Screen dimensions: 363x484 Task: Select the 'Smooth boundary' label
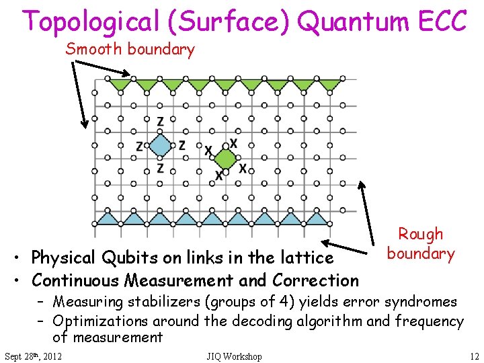click(x=130, y=49)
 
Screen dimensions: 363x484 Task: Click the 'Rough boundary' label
click(x=421, y=243)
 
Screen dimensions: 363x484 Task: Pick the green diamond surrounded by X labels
click(x=225, y=159)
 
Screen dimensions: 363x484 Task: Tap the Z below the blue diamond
click(x=160, y=168)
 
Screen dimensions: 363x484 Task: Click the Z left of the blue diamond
click(x=139, y=146)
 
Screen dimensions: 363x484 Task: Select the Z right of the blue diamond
click(x=182, y=145)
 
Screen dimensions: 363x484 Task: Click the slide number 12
click(x=474, y=356)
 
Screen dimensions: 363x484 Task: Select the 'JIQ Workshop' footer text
click(x=234, y=356)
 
